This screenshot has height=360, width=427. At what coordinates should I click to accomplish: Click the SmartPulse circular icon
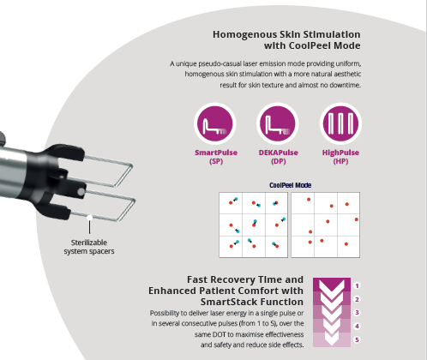215,123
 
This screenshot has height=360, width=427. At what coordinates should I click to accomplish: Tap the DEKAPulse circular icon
278,123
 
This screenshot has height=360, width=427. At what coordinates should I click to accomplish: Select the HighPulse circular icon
340,123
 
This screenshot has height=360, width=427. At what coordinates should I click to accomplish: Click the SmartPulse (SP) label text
216,157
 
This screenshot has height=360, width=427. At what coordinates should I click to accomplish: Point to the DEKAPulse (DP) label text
279,157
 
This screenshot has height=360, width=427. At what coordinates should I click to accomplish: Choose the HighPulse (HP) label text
340,157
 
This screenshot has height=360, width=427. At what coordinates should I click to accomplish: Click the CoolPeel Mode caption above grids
290,185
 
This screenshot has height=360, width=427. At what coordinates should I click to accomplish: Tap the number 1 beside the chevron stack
357,285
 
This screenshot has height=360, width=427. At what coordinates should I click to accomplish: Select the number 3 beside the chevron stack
357,313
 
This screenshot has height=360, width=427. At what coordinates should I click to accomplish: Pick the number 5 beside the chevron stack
357,339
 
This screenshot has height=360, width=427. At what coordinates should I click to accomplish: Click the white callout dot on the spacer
89,218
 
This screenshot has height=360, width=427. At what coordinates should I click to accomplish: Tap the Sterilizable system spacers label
89,247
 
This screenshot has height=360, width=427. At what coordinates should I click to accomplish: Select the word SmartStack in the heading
227,302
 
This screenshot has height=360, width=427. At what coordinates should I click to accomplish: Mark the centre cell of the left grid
254,225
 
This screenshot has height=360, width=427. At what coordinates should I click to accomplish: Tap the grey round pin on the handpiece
81,192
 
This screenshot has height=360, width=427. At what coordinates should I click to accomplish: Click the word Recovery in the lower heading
232,279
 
